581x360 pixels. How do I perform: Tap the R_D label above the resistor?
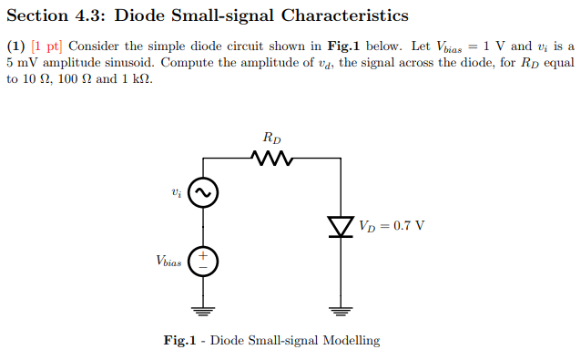point(271,139)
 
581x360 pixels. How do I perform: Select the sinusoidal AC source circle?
point(204,192)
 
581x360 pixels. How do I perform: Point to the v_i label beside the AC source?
point(177,192)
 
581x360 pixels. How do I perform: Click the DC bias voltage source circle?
point(204,261)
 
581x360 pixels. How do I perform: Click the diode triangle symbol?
point(341,224)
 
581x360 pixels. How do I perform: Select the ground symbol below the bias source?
point(204,310)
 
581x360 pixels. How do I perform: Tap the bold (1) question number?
point(15,46)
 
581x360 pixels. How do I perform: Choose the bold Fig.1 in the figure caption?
point(180,341)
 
